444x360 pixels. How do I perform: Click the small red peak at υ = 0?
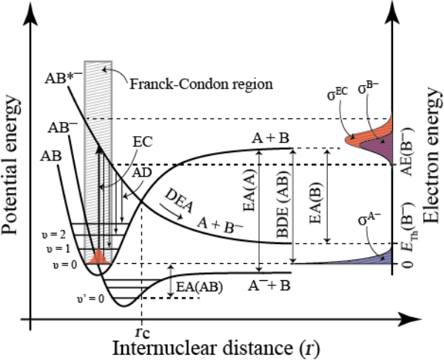pos(98,257)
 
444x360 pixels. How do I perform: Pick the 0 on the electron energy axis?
pos(403,263)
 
